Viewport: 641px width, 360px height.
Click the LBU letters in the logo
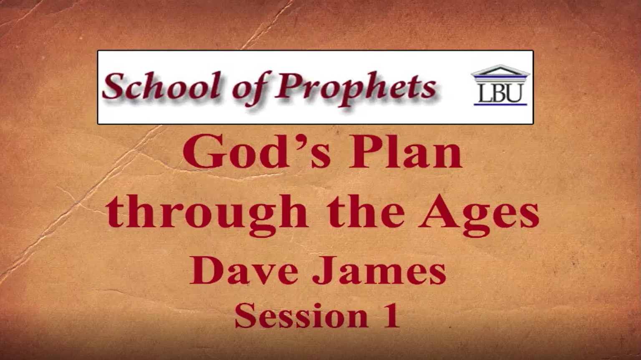[500, 93]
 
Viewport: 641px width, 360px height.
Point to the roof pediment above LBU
[500, 71]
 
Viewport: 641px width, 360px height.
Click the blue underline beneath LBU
[500, 104]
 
